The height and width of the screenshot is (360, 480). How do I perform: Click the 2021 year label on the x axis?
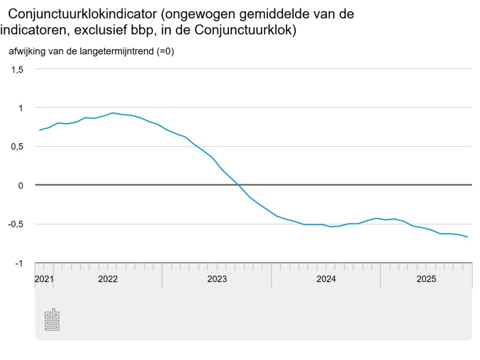44,279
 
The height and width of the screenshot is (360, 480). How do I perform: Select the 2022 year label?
108,279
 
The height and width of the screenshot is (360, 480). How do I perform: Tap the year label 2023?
217,279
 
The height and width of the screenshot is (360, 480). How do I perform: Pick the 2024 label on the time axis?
326,279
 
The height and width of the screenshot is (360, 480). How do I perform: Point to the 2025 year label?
427,279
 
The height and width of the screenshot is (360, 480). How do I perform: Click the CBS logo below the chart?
52,320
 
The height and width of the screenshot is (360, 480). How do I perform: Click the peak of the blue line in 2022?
112,113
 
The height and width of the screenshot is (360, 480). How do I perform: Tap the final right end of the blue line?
467,237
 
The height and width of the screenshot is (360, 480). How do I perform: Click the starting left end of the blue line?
40,130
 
